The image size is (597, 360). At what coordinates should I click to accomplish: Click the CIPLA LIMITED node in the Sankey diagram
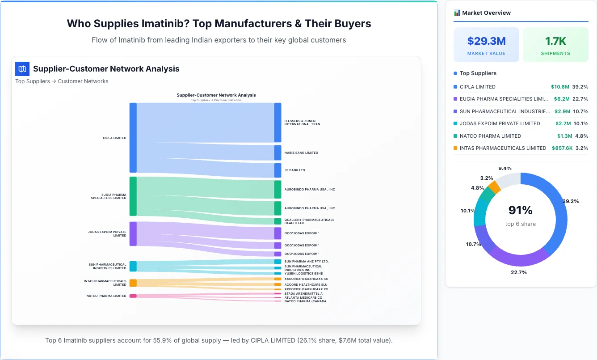coord(133,138)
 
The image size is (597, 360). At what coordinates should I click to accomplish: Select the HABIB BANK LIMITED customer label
coord(301,153)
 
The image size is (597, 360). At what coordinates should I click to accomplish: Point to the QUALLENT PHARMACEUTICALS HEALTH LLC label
coord(309,221)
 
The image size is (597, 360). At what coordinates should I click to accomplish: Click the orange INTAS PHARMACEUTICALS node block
coord(133,283)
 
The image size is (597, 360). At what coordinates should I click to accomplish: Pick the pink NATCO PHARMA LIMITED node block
coord(133,296)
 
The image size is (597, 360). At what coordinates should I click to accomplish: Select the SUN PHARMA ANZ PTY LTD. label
coord(306,261)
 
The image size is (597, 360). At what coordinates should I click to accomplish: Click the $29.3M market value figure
coord(486,41)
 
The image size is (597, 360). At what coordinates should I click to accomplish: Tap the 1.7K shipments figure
coord(555,41)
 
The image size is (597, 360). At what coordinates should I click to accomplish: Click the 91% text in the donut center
coord(520,210)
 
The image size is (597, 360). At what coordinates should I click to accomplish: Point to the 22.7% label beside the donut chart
coord(519,272)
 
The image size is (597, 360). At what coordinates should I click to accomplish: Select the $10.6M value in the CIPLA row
coord(560,87)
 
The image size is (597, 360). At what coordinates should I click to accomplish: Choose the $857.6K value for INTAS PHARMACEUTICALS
coord(562,148)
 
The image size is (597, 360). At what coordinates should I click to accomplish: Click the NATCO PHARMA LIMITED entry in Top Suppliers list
coord(490,136)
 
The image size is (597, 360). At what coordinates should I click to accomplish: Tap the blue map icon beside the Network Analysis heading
coord(22,69)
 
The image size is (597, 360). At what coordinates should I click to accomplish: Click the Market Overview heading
coord(486,13)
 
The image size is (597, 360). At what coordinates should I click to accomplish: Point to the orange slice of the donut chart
coord(494,186)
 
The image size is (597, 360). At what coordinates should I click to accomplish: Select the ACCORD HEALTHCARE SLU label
coord(306,284)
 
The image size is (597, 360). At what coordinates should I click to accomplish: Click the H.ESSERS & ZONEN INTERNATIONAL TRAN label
coord(302,123)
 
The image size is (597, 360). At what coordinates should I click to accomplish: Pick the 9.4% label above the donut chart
coord(505,169)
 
